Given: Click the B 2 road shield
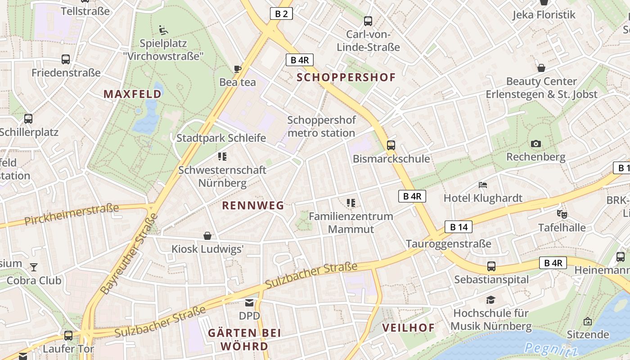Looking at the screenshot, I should tap(281, 14).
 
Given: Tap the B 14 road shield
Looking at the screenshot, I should tap(459, 227).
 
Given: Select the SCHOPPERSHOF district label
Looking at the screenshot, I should tap(346, 77).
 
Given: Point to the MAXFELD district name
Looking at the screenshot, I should tap(132, 94).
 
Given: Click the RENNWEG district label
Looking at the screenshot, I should tap(253, 206).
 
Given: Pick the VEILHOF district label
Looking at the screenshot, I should tap(409, 328).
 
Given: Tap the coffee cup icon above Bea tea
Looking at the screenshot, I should tap(238, 69).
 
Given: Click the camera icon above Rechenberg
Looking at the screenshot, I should tap(535, 144).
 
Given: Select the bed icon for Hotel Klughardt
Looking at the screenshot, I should tap(483, 185).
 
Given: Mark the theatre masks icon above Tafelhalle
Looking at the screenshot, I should tap(562, 214).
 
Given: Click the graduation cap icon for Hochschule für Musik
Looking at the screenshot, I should tap(491, 300).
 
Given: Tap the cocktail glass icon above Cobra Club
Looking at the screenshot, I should tap(34, 267).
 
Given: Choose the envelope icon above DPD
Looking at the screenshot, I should tap(249, 303).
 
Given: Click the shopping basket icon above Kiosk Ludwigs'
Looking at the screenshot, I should tap(207, 236).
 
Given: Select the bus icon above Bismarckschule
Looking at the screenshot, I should tap(391, 145).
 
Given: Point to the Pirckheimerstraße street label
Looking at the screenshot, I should tap(72, 214).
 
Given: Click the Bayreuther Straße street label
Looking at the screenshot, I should tap(130, 254).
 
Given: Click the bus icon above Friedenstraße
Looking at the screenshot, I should tap(66, 59).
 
